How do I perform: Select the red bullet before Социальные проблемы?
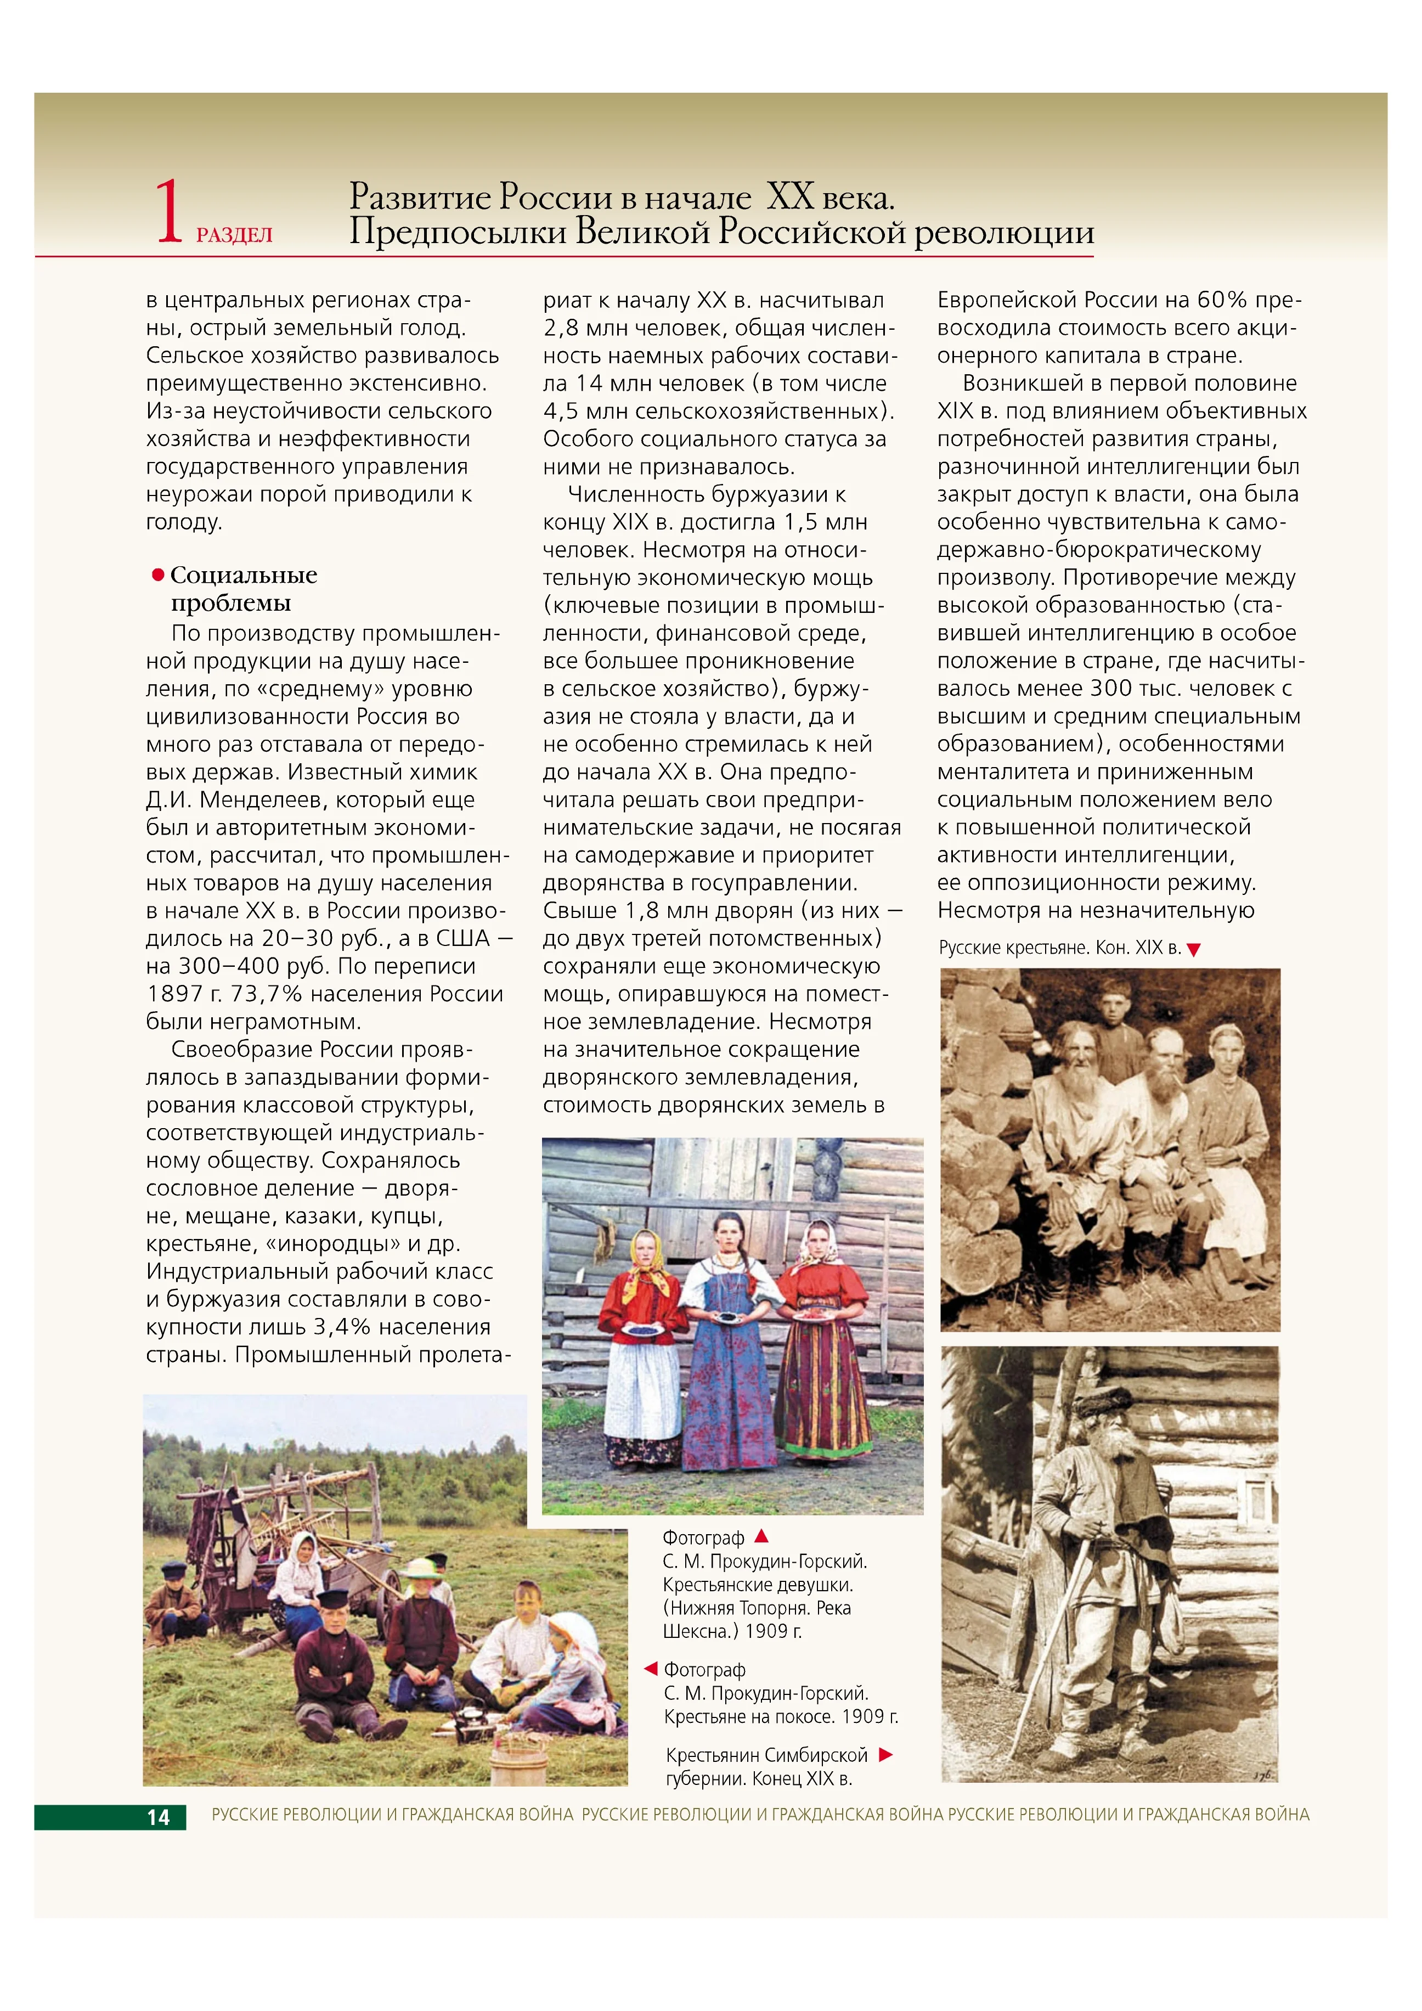[159, 574]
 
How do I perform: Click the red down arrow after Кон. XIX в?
[1193, 949]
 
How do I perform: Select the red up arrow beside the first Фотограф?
[761, 1535]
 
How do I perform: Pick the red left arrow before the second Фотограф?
[651, 1669]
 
